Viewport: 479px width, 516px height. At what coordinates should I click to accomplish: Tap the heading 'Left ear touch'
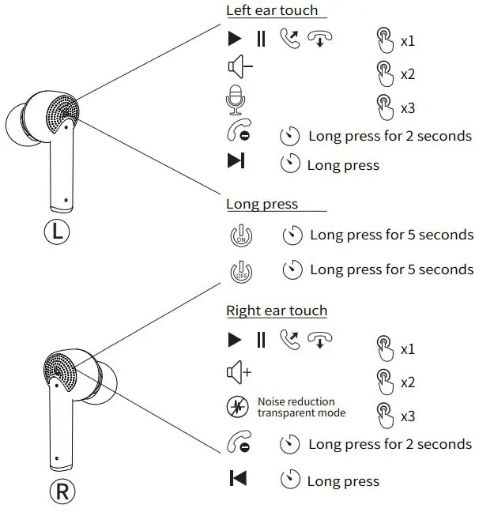click(x=272, y=11)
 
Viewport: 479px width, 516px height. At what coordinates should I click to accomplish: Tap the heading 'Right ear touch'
click(x=277, y=311)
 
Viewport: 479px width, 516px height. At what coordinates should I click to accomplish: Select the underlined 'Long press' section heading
click(x=262, y=204)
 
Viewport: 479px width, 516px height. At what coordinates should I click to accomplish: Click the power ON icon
click(x=240, y=235)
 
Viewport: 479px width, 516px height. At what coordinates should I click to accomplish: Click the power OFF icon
click(x=240, y=270)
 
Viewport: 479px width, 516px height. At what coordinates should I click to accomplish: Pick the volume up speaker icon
click(x=239, y=372)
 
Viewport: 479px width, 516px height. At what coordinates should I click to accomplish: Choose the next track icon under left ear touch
click(x=236, y=162)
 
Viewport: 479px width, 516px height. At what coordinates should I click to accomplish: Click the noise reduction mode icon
click(x=237, y=407)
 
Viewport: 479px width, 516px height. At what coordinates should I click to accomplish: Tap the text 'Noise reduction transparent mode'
click(x=301, y=407)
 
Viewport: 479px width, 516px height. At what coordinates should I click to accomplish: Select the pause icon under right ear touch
click(x=261, y=341)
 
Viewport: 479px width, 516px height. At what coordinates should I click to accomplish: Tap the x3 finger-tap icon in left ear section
click(x=384, y=107)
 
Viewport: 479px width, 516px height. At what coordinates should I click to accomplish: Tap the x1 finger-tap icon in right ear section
click(x=384, y=348)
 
